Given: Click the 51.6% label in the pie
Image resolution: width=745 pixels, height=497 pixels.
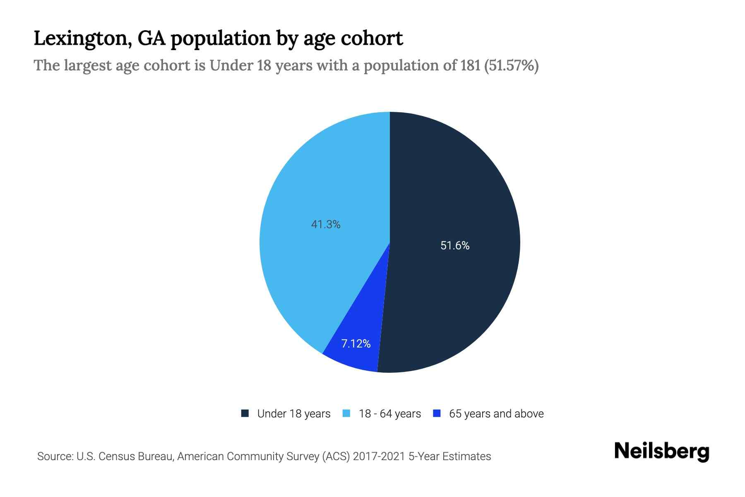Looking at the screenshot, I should [455, 246].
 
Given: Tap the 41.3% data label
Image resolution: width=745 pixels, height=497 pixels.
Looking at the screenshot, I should [326, 224].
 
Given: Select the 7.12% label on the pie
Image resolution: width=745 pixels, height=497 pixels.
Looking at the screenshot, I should [356, 344].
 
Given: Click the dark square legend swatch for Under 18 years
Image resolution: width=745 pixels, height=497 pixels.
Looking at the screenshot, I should [245, 413].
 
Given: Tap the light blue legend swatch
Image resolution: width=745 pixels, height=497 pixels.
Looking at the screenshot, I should [347, 413].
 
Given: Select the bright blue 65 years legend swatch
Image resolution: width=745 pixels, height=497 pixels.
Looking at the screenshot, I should [437, 413].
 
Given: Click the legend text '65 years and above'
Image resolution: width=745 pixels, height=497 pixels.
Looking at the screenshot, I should [496, 414].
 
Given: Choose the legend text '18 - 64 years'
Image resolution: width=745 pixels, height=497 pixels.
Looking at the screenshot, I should [390, 414].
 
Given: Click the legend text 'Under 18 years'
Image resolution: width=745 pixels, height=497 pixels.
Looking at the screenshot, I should [294, 414].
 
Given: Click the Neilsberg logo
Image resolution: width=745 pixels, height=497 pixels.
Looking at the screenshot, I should [661, 452].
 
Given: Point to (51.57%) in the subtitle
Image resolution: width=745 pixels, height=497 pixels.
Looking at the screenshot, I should [511, 65].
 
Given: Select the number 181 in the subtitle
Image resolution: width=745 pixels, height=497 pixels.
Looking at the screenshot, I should [470, 65].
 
